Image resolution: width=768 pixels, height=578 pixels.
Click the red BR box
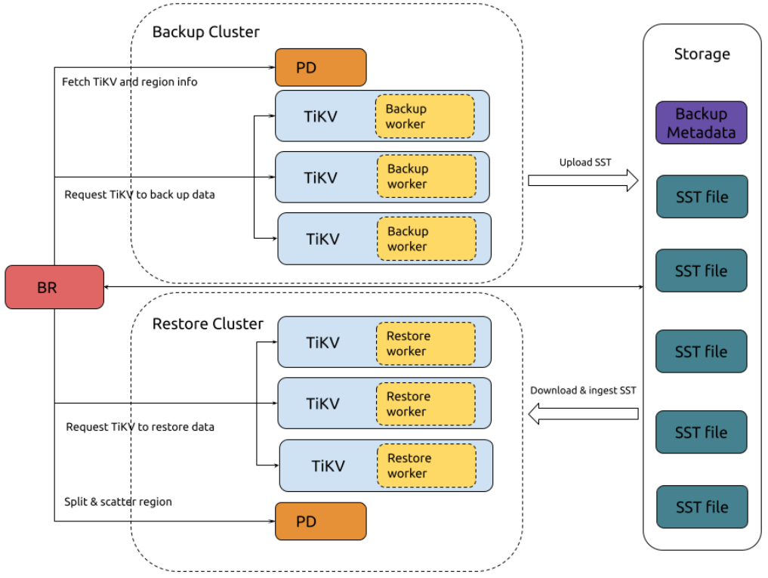pos(54,287)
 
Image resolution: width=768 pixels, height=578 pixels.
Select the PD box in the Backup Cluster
pos(320,67)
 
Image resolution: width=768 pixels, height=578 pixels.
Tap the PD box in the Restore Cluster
pos(320,521)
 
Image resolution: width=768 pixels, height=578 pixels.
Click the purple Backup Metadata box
pos(701,123)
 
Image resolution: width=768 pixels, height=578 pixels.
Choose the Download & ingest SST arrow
pos(583,413)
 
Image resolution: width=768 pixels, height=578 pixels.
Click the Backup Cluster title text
pos(205,32)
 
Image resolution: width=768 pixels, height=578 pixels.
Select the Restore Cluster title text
pos(208,324)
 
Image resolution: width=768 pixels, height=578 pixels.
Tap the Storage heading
pos(702,54)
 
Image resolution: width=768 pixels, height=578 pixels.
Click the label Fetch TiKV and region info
pos(129,82)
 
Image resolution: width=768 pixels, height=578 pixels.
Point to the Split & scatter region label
pos(118,502)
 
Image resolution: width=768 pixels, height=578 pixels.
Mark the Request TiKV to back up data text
pos(140,195)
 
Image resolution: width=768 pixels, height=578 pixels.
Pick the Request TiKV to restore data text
pos(140,427)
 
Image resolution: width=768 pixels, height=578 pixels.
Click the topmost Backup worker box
pos(424,116)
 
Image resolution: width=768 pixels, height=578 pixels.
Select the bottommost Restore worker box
pos(427,465)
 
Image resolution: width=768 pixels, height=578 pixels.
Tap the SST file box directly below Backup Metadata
pos(702,197)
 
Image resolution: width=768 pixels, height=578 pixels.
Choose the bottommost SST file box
pos(702,507)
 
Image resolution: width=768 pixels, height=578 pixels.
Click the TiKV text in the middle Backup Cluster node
pos(320,178)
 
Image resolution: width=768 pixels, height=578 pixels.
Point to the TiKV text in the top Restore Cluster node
pos(322,342)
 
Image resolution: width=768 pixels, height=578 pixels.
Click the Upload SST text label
pos(585,162)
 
